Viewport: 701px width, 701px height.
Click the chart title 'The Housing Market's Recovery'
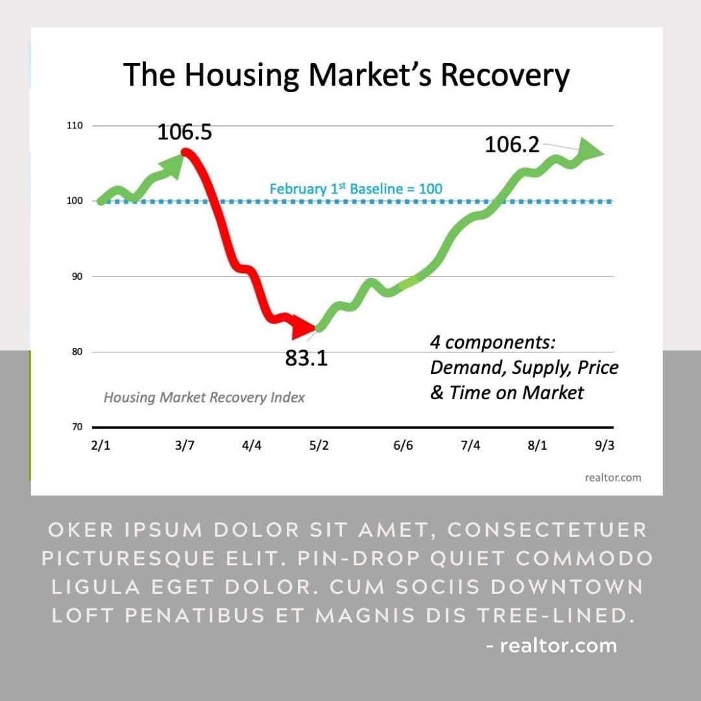coord(346,75)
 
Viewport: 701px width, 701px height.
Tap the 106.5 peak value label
coord(184,132)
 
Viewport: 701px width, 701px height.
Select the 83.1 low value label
coord(306,358)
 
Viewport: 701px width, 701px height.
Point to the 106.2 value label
coord(512,145)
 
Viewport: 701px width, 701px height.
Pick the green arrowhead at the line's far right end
coord(591,150)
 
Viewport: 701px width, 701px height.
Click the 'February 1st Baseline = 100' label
coord(356,189)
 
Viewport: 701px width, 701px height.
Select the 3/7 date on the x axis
coord(184,446)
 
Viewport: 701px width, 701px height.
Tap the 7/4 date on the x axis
coord(470,446)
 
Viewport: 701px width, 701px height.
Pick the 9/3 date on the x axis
coord(604,446)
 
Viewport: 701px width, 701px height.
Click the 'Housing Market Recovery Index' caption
coord(204,397)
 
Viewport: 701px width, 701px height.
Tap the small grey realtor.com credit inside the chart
coord(613,478)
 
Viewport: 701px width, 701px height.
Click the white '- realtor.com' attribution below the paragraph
coord(551,646)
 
